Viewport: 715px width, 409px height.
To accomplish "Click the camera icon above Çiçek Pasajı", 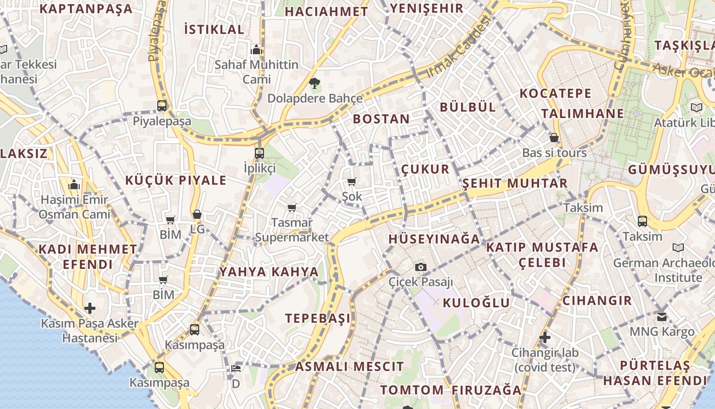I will pyautogui.click(x=420, y=267).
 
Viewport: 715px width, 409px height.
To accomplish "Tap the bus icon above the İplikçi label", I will pyautogui.click(x=259, y=153).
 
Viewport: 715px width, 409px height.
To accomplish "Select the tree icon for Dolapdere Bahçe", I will pyautogui.click(x=315, y=83).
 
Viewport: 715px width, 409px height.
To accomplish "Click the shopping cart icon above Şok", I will pyautogui.click(x=351, y=181).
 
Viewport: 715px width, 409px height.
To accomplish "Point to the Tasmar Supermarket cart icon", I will pyautogui.click(x=292, y=208).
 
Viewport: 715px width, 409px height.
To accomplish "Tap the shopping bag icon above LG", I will pyautogui.click(x=197, y=215).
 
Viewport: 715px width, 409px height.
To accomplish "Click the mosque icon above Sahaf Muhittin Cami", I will pyautogui.click(x=256, y=50).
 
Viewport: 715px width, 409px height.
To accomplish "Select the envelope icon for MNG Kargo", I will pyautogui.click(x=662, y=317).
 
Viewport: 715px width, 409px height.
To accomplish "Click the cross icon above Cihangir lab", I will pyautogui.click(x=545, y=337).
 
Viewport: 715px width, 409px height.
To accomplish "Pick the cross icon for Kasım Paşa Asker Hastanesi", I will pyautogui.click(x=90, y=308).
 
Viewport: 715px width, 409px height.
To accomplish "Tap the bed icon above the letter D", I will pyautogui.click(x=235, y=368).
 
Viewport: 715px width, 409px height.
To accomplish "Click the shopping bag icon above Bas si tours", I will pyautogui.click(x=554, y=138).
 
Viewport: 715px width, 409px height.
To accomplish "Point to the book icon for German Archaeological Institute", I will pyautogui.click(x=678, y=248).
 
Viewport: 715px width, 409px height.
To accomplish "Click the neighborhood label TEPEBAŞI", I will pyautogui.click(x=318, y=318).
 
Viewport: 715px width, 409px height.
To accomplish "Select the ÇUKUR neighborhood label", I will pyautogui.click(x=425, y=169).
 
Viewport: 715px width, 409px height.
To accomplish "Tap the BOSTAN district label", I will pyautogui.click(x=381, y=119).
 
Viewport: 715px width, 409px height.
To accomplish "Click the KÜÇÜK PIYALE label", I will pyautogui.click(x=176, y=180).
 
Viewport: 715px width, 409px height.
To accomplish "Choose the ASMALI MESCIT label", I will pyautogui.click(x=349, y=367).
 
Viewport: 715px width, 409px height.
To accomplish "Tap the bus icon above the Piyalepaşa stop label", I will pyautogui.click(x=162, y=106).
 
